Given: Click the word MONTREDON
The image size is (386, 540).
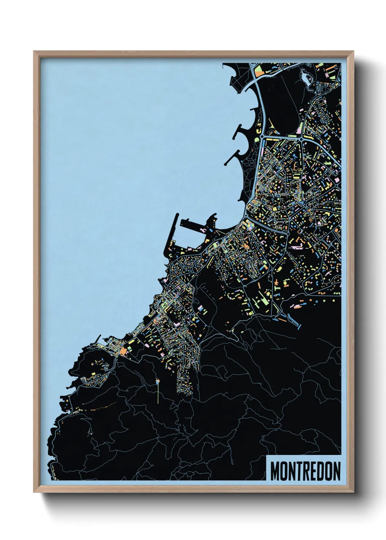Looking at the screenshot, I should [x=305, y=471].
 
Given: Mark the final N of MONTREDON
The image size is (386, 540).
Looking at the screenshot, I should [x=336, y=471].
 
